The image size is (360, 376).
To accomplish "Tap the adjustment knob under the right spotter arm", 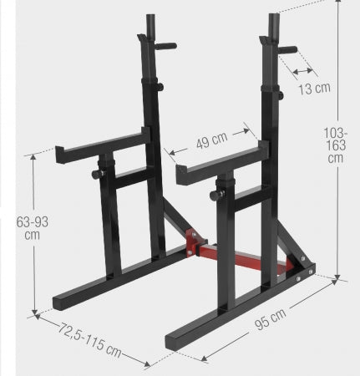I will tap(215, 196).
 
